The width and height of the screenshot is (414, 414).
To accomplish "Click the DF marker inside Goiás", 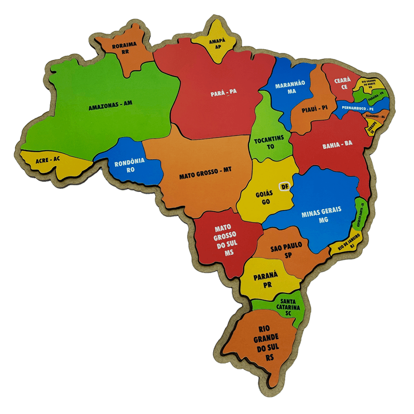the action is pyautogui.click(x=284, y=186).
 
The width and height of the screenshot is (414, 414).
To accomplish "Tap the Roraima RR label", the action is pyautogui.click(x=125, y=48).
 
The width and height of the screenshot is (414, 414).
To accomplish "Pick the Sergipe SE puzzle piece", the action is pyautogui.click(x=372, y=128).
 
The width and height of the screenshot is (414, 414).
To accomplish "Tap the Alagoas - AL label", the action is pyautogui.click(x=375, y=117).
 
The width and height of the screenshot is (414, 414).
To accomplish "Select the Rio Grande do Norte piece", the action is pyautogui.click(x=372, y=84).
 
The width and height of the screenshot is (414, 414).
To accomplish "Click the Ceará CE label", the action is pyautogui.click(x=342, y=84).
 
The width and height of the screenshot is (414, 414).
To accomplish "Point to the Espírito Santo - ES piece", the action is pyautogui.click(x=361, y=213).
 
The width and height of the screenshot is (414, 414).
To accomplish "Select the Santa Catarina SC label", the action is pyautogui.click(x=288, y=307).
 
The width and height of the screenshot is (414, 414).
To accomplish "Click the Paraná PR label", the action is pyautogui.click(x=266, y=280).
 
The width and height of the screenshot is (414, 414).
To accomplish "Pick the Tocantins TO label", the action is pyautogui.click(x=269, y=143).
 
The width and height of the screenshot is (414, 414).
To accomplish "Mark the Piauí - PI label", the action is pyautogui.click(x=315, y=108).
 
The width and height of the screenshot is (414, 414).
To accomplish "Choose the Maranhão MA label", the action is pyautogui.click(x=290, y=87).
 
